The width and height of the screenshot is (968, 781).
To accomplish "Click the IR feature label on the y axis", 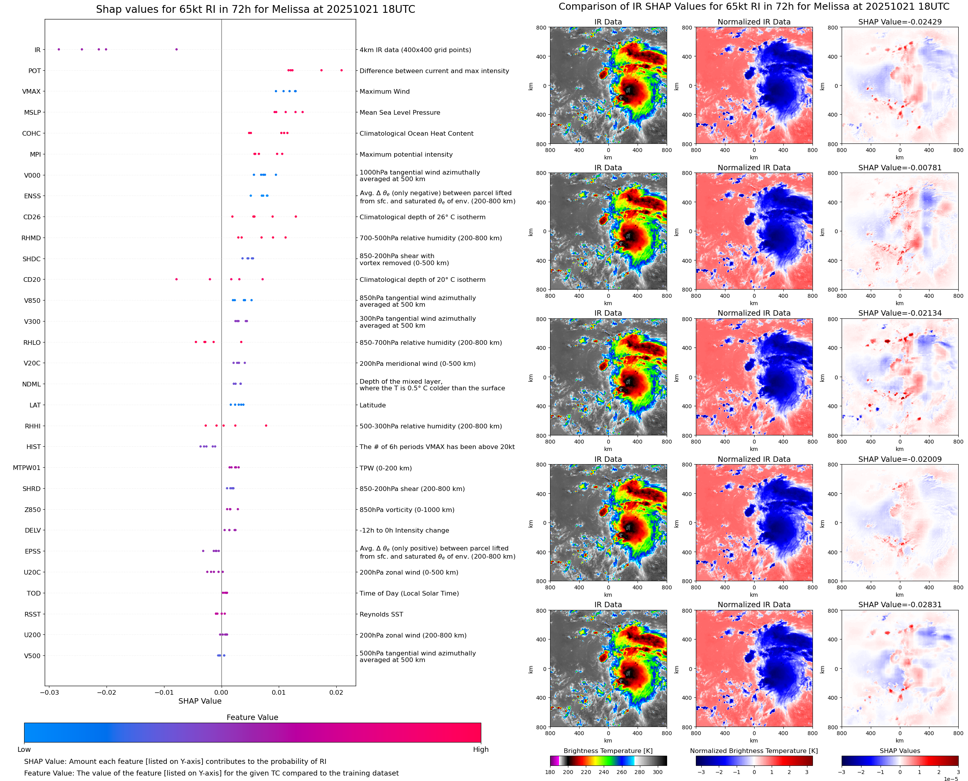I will [37, 50].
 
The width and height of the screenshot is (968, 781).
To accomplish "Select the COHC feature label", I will [31, 134].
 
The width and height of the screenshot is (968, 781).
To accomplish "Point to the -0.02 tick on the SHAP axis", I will [107, 692].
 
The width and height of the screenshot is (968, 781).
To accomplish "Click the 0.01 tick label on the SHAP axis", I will [279, 692].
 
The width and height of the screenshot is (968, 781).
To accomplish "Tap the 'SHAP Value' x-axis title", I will [200, 701].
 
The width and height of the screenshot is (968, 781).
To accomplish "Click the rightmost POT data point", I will [341, 70].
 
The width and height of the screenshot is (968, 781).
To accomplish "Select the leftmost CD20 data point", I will [176, 280].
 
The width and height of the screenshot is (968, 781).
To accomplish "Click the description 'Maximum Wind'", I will [384, 91].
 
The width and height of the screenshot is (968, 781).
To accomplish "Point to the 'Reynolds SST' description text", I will [381, 614].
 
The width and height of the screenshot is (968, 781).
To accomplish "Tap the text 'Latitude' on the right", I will [372, 405].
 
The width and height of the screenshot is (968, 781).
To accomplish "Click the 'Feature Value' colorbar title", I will [252, 717].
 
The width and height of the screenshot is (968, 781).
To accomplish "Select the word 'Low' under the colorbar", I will [24, 750].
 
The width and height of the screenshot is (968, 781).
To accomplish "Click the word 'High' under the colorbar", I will [481, 750].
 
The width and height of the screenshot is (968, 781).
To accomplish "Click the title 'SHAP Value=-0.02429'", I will [900, 22].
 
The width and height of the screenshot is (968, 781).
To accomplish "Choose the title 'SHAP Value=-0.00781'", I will [900, 167].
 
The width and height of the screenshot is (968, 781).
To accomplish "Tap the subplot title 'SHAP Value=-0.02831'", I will [900, 605].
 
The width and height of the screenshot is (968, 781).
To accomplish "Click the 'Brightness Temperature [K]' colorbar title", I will [608, 751].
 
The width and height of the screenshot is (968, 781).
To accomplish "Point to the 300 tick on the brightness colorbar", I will [658, 772].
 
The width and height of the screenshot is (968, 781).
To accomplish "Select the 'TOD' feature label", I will [34, 593].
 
